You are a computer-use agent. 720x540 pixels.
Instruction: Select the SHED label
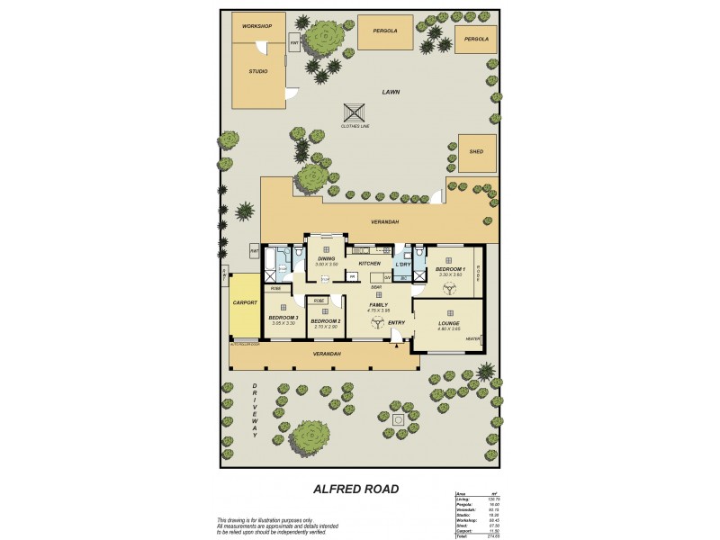(x=476, y=152)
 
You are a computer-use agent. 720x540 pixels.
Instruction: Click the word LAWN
(x=391, y=92)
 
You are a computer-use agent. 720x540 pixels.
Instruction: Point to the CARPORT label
(x=244, y=303)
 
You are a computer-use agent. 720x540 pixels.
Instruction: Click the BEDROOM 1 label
(x=450, y=269)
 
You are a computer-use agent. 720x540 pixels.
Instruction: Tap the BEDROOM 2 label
(x=325, y=320)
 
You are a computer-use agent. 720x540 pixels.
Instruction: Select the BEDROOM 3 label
(x=283, y=318)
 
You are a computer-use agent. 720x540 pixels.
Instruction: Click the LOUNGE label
(x=449, y=323)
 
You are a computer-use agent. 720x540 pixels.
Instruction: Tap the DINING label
(x=326, y=259)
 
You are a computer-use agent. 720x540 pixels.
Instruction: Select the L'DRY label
(x=403, y=265)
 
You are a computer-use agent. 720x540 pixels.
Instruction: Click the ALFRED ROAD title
(x=356, y=490)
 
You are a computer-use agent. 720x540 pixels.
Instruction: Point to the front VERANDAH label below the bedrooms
(x=326, y=355)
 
